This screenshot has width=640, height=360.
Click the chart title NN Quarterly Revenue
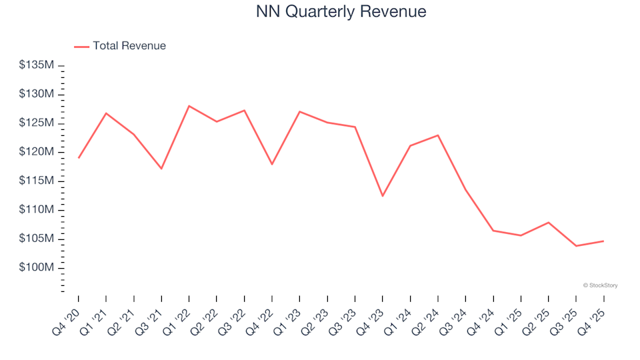[341, 12]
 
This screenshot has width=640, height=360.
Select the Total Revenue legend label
[129, 46]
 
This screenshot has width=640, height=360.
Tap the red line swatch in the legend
[81, 47]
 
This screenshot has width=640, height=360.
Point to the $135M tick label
[37, 65]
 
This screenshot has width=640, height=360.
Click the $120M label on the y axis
[37, 152]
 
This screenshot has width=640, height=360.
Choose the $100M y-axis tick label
[37, 267]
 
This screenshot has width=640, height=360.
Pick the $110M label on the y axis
[37, 210]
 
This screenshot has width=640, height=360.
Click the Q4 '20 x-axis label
[67, 318]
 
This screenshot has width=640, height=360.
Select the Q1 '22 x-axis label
[177, 318]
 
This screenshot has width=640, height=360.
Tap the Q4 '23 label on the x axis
[371, 318]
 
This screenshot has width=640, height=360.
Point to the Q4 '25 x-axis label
[592, 318]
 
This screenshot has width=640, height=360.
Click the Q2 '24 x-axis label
[427, 318]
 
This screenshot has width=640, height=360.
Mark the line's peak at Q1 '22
[189, 106]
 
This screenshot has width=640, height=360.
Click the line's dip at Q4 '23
[383, 196]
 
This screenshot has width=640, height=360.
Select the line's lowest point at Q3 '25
[576, 246]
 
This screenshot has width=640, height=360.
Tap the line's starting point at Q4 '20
[79, 158]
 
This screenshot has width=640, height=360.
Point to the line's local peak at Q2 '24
[438, 135]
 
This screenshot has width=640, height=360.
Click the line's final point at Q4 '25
[603, 241]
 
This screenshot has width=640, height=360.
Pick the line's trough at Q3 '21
[161, 169]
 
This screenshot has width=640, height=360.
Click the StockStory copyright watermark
[600, 285]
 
